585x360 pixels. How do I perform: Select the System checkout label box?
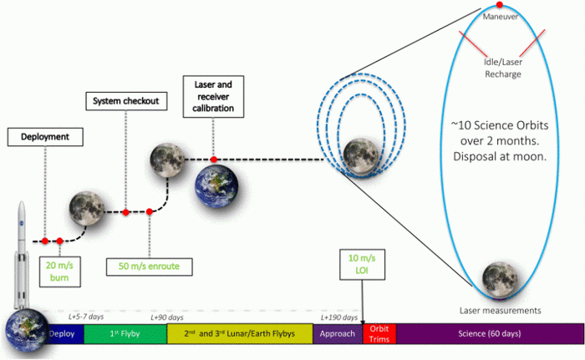(x=125, y=102)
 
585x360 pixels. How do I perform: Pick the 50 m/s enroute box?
(x=149, y=266)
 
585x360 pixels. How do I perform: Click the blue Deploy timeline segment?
(x=63, y=334)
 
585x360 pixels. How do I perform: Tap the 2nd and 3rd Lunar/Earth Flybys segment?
(x=240, y=334)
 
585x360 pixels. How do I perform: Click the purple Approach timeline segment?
(x=338, y=334)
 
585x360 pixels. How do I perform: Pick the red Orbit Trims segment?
(x=379, y=334)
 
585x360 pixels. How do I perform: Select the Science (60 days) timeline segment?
(x=490, y=334)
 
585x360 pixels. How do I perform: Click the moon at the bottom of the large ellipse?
(x=499, y=278)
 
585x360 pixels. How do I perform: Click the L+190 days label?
(x=340, y=317)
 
